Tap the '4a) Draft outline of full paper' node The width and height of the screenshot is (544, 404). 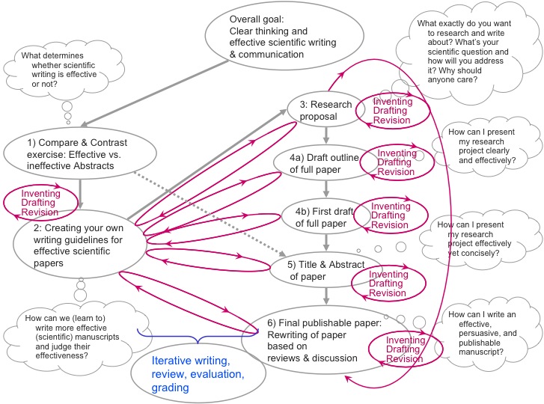(325, 163)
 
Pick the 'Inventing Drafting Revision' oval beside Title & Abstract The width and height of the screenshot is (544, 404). (389, 284)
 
